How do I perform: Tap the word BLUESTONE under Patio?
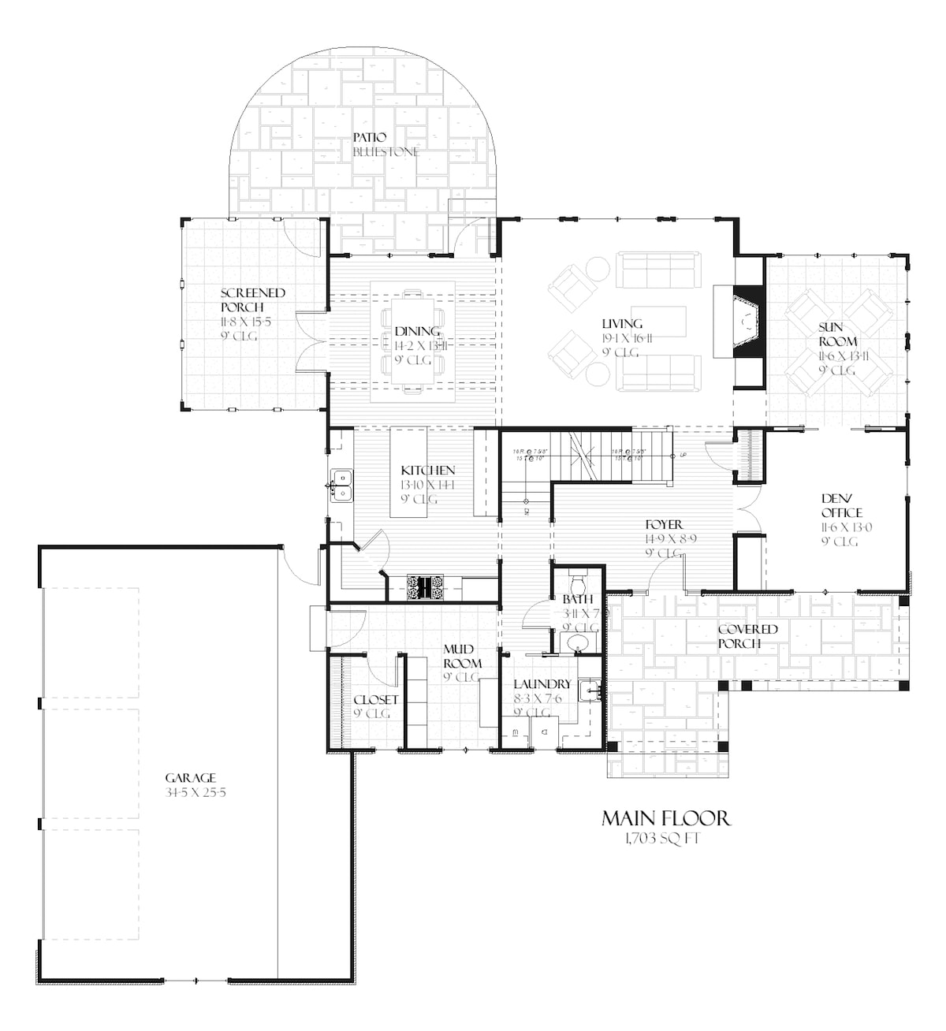(385, 151)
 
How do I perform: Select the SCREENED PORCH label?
(252, 300)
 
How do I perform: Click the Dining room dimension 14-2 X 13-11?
(415, 346)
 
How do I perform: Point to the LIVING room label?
(622, 324)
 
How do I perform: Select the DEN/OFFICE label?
(841, 505)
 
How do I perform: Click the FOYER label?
(664, 525)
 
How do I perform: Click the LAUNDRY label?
(542, 684)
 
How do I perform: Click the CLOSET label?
(375, 699)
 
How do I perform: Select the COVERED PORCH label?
(747, 636)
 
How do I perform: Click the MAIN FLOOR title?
(666, 818)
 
